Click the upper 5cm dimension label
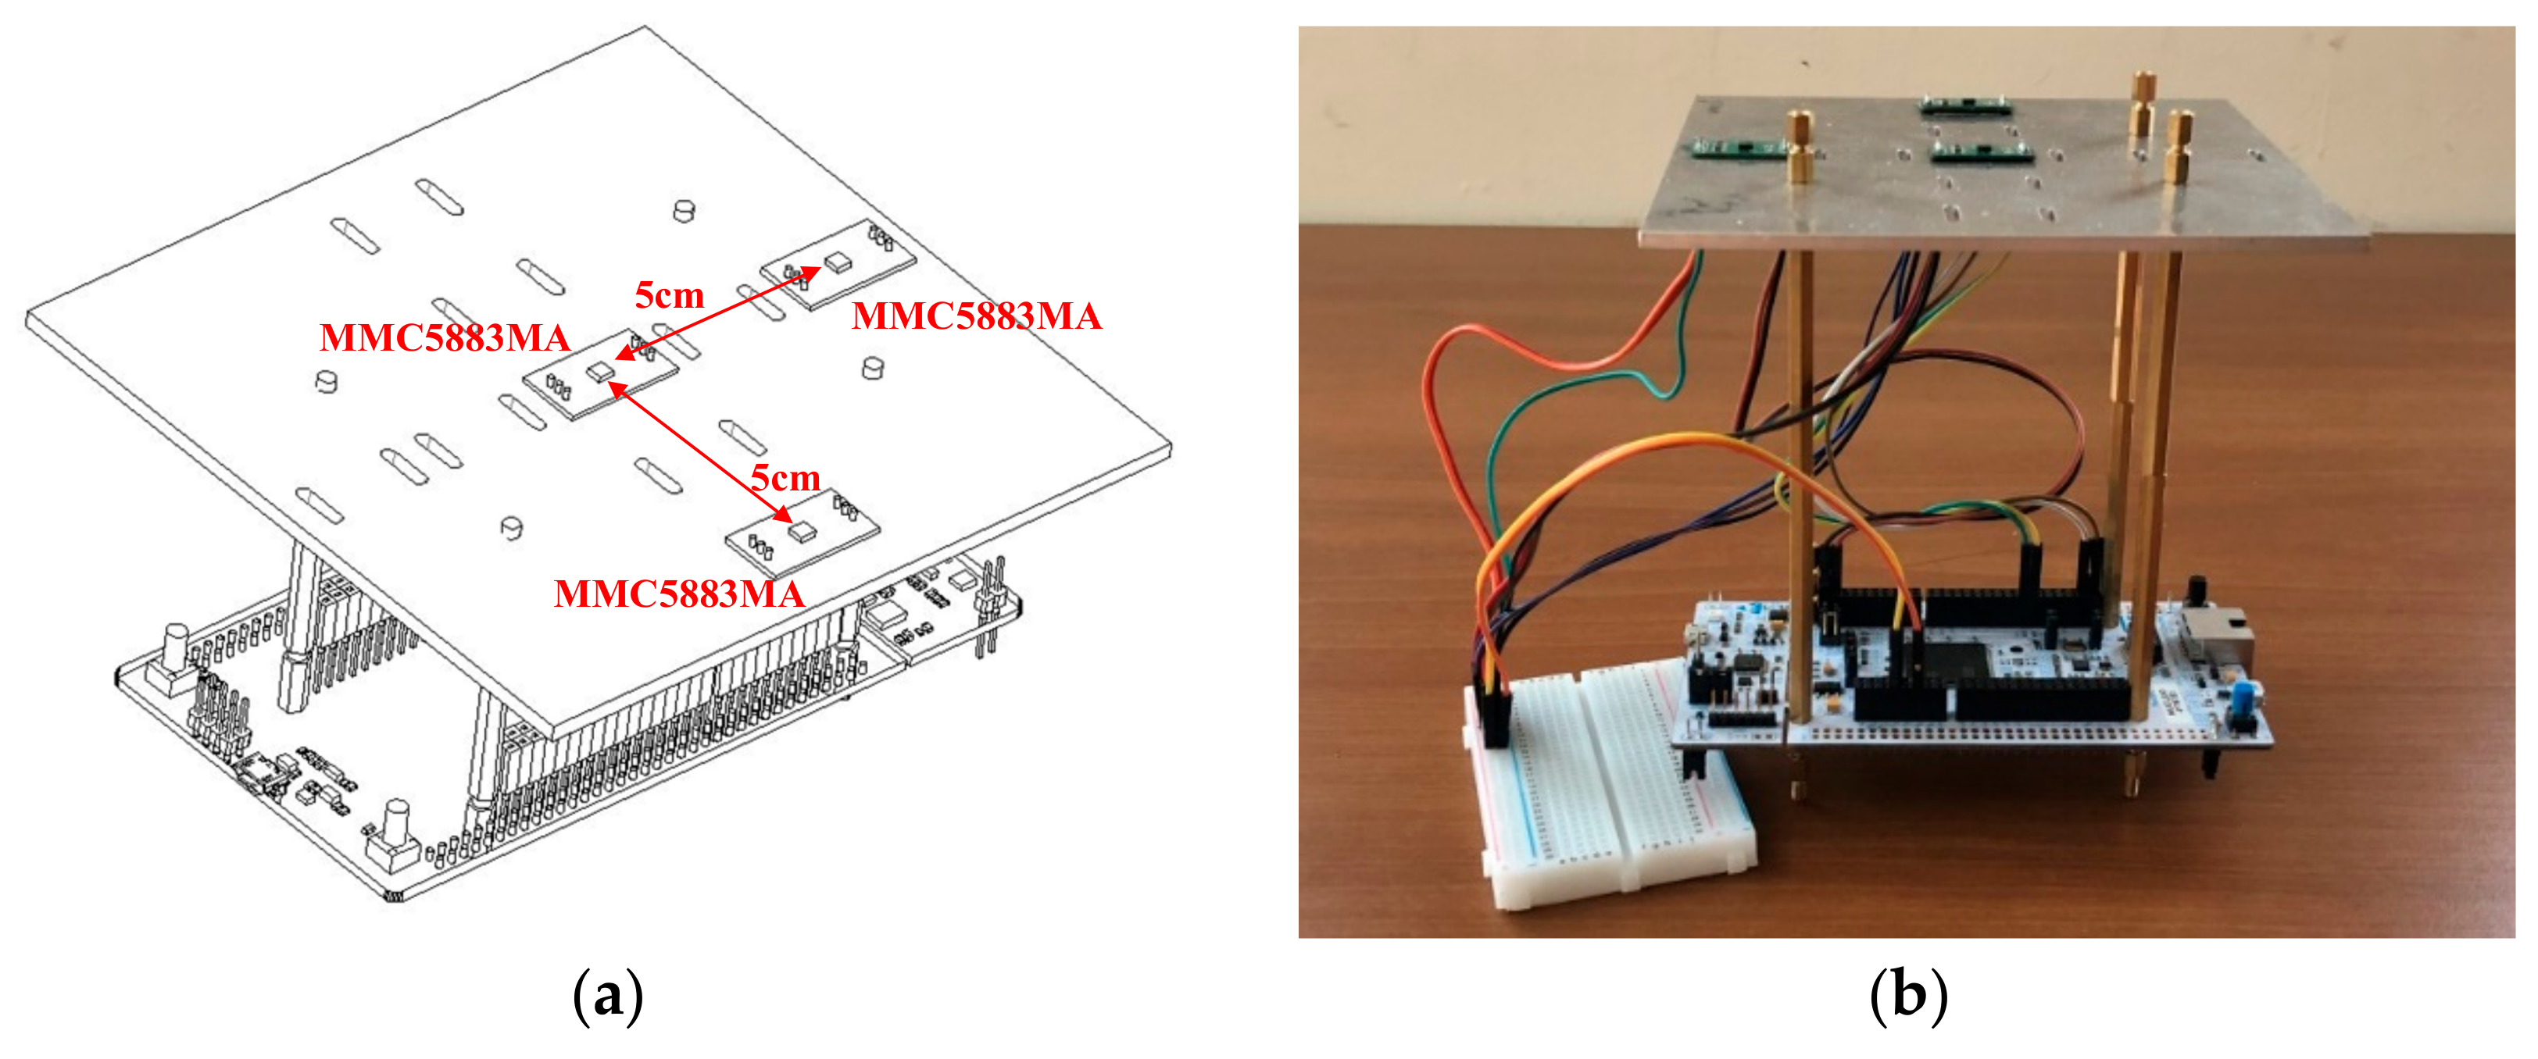tap(669, 295)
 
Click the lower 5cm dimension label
tap(785, 479)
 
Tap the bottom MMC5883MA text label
tap(679, 594)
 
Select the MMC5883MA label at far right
tap(977, 316)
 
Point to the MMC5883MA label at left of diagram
tap(445, 338)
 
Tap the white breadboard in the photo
tap(1616, 788)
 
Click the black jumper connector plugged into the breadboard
tap(1493, 715)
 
